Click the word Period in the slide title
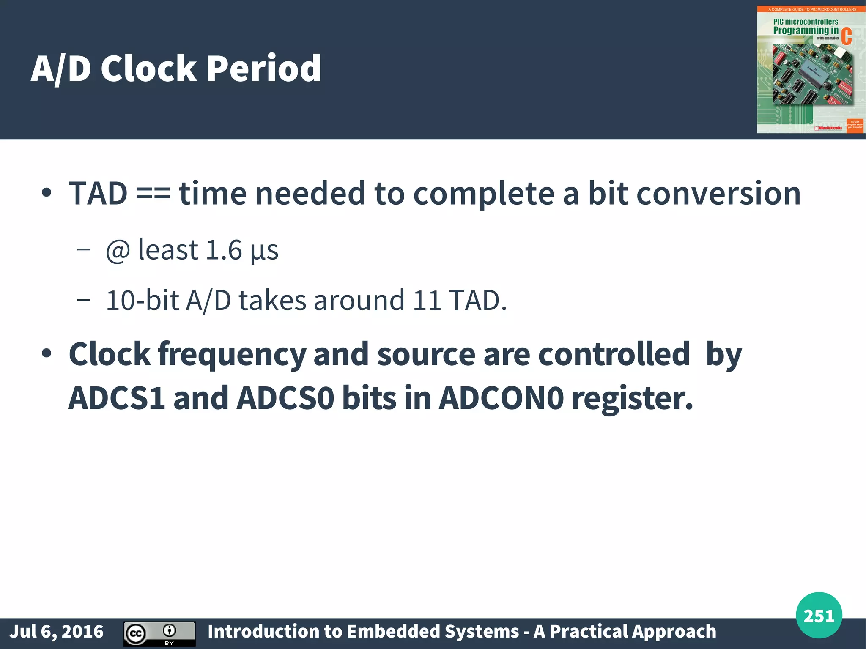(x=263, y=68)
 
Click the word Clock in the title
(x=148, y=68)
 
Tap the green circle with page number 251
(x=819, y=616)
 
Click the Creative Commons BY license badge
(x=159, y=633)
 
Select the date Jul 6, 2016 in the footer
(x=57, y=632)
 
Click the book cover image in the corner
(x=811, y=70)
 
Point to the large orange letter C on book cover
(x=846, y=36)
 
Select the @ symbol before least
(x=118, y=251)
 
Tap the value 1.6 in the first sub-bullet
(x=223, y=250)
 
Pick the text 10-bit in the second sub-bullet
(x=142, y=301)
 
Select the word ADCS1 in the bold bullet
(x=117, y=398)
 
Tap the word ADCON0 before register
(x=502, y=398)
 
